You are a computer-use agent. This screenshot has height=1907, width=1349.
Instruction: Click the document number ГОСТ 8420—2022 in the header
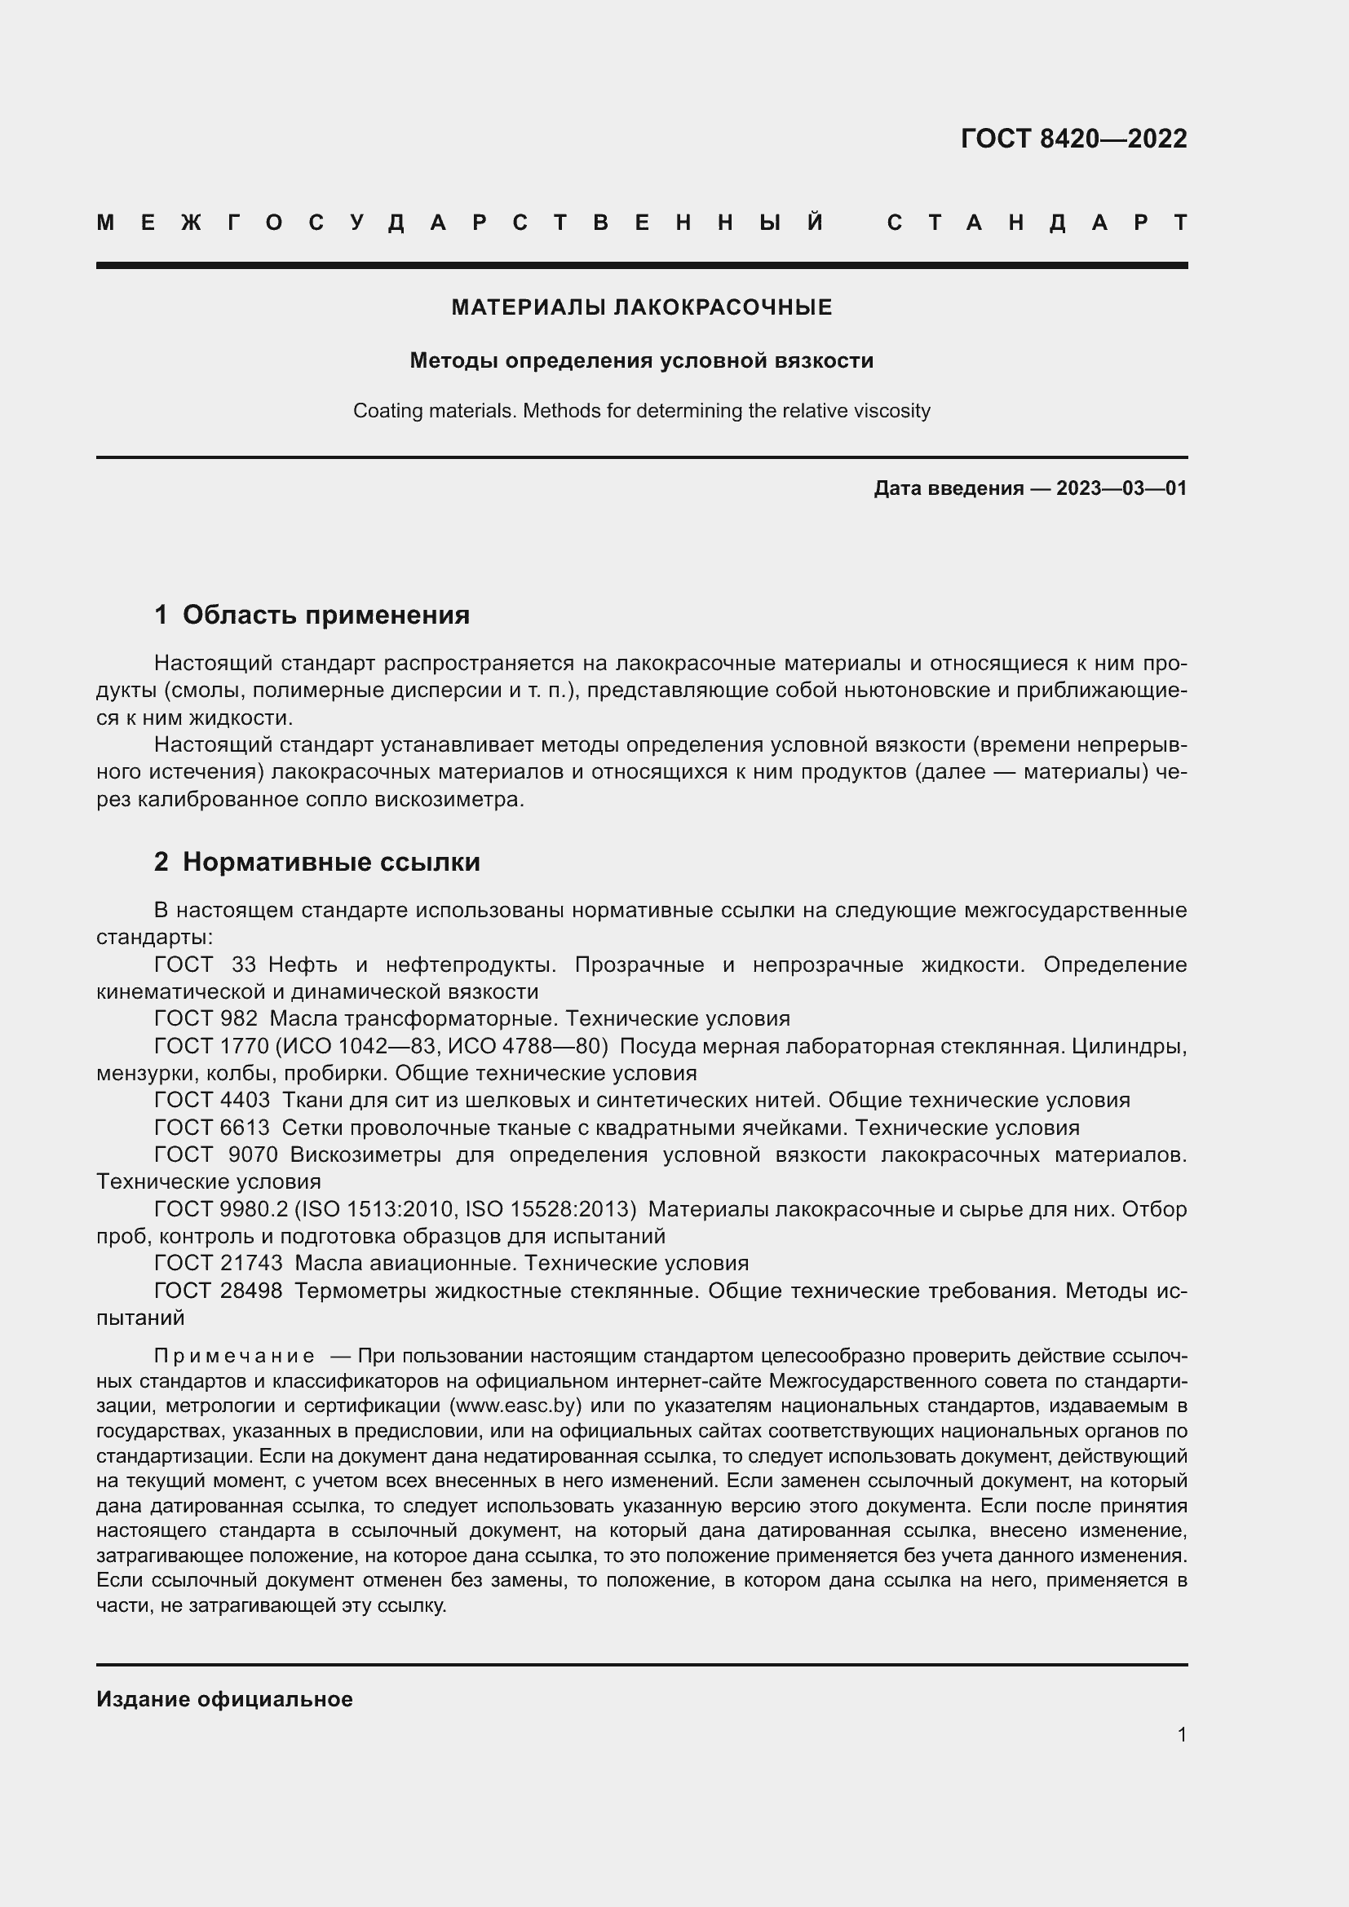(1073, 139)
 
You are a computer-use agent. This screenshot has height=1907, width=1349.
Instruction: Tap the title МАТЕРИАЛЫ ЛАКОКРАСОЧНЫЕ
(641, 307)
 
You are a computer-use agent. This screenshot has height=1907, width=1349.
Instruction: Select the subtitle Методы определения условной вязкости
(641, 360)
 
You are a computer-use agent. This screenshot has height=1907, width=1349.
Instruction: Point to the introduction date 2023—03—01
(1121, 488)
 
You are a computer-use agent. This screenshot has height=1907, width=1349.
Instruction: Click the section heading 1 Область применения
(312, 615)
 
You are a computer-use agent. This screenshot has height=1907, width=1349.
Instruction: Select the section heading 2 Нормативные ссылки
(316, 862)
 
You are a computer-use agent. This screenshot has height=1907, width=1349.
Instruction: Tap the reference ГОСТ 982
(206, 1018)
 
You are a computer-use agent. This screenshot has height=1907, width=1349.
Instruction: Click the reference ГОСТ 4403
(212, 1100)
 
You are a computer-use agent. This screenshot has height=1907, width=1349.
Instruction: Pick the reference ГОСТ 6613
(212, 1127)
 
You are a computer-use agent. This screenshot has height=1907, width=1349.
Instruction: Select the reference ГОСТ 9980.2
(221, 1208)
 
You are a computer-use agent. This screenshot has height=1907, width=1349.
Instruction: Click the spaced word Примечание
(234, 1356)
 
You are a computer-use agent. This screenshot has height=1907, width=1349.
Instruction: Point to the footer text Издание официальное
(224, 1698)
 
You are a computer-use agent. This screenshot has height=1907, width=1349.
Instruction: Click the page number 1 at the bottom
(1182, 1734)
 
